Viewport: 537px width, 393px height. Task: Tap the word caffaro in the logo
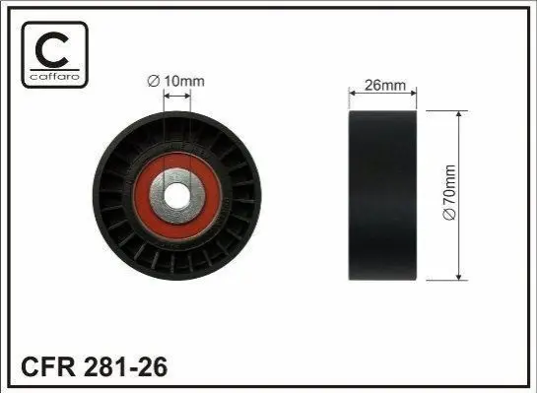(55, 77)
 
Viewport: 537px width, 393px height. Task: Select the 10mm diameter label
(176, 82)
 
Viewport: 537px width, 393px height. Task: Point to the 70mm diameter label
(449, 193)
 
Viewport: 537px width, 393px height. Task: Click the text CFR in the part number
(47, 366)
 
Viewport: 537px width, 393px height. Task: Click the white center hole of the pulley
(177, 196)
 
